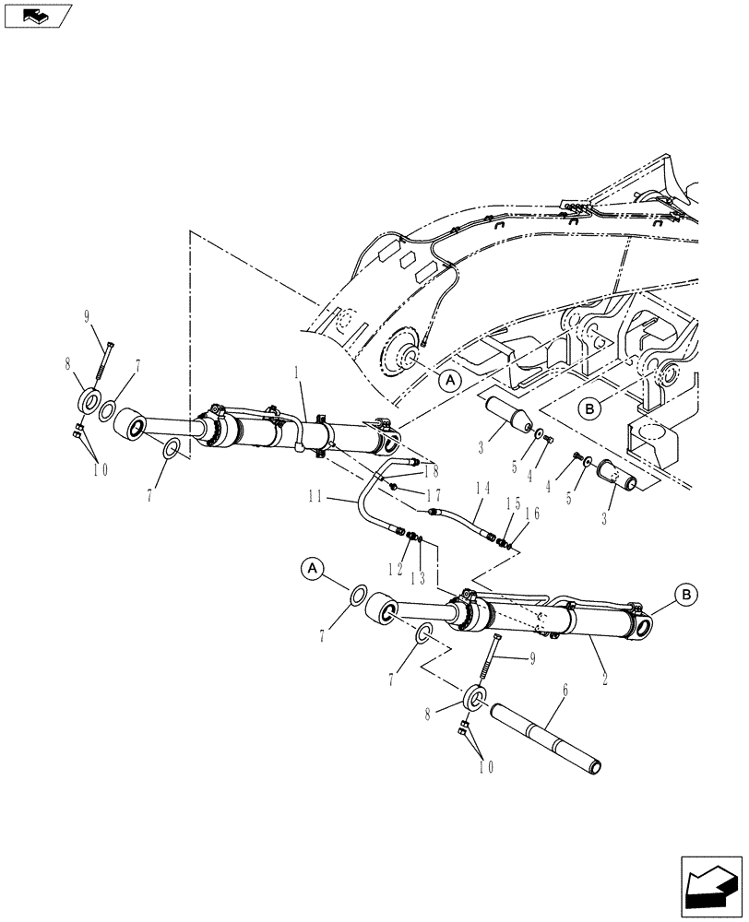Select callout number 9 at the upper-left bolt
tap(89, 319)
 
